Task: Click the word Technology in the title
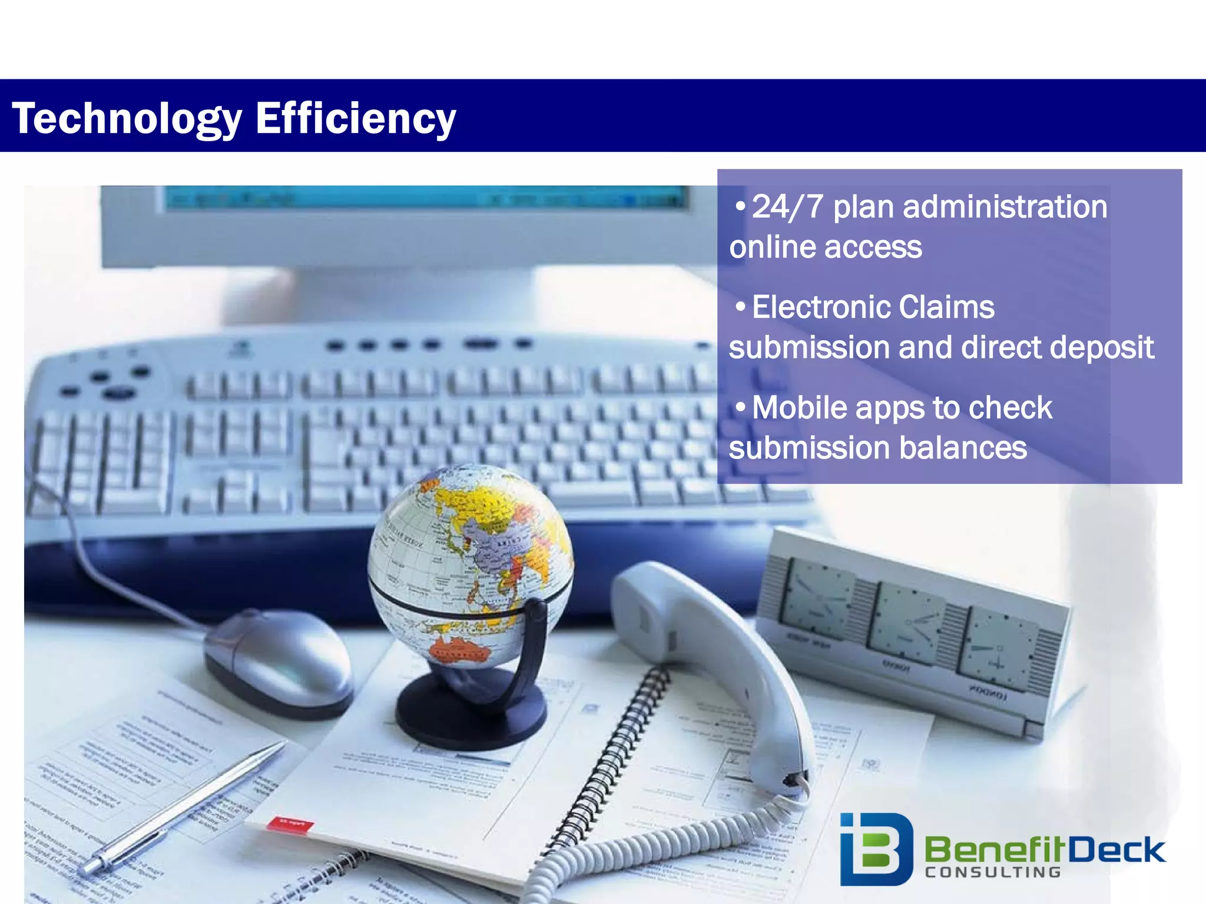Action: [x=127, y=119]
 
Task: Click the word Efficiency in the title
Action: [x=355, y=119]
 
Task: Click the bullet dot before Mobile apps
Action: [x=740, y=406]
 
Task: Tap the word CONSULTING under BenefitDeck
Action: [x=993, y=872]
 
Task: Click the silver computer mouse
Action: [x=277, y=659]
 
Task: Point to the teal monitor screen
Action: [x=424, y=197]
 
